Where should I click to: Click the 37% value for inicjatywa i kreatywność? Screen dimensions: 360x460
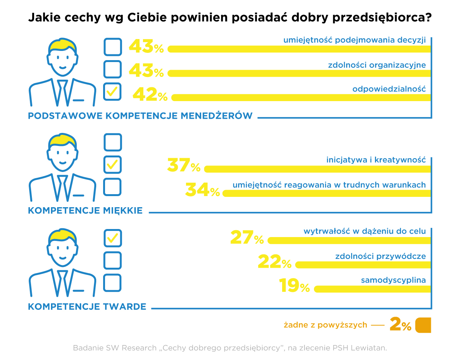point(184,165)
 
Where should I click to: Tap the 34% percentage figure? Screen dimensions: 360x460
point(202,190)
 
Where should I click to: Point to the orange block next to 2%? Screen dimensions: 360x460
point(423,325)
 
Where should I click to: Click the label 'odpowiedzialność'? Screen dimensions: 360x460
point(389,89)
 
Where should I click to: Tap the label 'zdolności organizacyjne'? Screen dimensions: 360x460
point(377,65)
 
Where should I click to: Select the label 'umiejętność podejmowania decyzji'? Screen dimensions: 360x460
point(355,40)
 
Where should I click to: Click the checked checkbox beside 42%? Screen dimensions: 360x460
point(112,92)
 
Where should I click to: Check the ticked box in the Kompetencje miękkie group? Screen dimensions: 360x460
point(113,165)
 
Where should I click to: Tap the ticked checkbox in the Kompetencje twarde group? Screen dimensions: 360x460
point(113,238)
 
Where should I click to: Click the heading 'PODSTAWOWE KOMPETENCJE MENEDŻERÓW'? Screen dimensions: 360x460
point(140,116)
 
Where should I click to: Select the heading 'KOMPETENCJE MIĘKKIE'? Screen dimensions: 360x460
point(85,211)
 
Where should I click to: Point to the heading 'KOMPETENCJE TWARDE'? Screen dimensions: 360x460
point(87,307)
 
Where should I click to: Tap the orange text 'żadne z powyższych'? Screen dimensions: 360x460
point(325,325)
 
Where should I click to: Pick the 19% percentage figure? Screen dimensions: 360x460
point(294,286)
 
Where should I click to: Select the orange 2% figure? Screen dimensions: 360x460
point(400,325)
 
